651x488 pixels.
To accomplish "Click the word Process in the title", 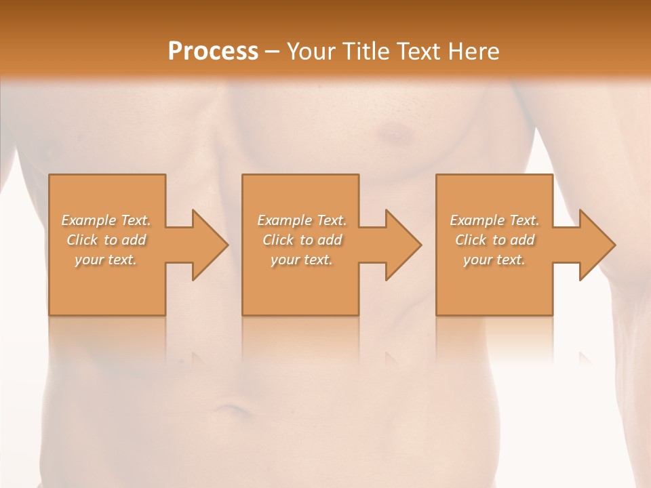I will [213, 52].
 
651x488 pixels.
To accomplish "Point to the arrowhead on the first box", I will [208, 245].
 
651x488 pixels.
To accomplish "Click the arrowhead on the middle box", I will [401, 245].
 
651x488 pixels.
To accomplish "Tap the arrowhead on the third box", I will [595, 245].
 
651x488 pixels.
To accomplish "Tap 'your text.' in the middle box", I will [301, 260].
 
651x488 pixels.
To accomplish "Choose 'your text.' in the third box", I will [494, 260].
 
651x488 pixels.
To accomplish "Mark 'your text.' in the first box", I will [106, 260].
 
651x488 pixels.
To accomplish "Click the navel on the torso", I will [231, 409].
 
